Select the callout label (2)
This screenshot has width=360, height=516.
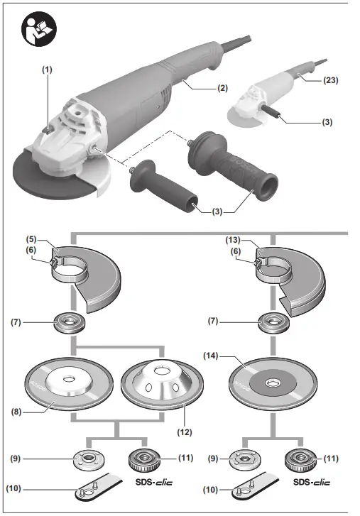tap(223, 89)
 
